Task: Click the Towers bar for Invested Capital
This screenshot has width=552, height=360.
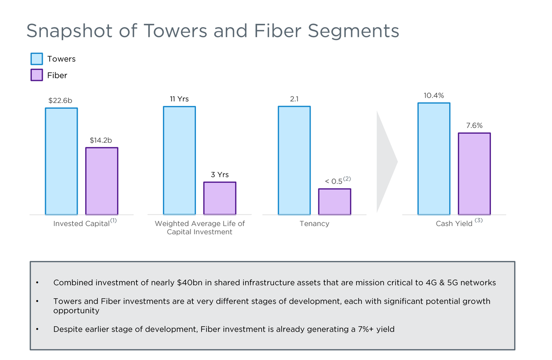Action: (x=61, y=161)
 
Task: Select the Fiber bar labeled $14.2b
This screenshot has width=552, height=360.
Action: (x=102, y=181)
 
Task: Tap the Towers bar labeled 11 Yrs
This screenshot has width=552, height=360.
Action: (x=179, y=160)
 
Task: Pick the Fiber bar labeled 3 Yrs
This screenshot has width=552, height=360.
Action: (x=220, y=198)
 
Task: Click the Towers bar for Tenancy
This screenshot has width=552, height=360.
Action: (x=294, y=160)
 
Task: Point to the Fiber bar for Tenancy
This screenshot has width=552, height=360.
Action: (x=334, y=202)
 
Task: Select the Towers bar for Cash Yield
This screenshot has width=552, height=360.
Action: (x=434, y=158)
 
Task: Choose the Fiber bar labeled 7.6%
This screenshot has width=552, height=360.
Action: (x=474, y=174)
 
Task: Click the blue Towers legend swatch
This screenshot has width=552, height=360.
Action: (x=37, y=59)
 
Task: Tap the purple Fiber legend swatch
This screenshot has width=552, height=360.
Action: (x=37, y=75)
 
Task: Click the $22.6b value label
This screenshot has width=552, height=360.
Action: (x=60, y=100)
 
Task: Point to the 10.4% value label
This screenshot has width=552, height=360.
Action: (x=434, y=96)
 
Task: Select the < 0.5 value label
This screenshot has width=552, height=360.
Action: (x=334, y=181)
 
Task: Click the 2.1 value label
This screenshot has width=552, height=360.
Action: (x=294, y=99)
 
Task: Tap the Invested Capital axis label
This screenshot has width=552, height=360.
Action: (x=81, y=224)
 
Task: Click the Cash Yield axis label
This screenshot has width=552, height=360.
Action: (x=454, y=224)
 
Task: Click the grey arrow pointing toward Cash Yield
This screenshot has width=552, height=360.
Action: (x=385, y=161)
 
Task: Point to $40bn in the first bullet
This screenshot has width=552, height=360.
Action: (x=190, y=283)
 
